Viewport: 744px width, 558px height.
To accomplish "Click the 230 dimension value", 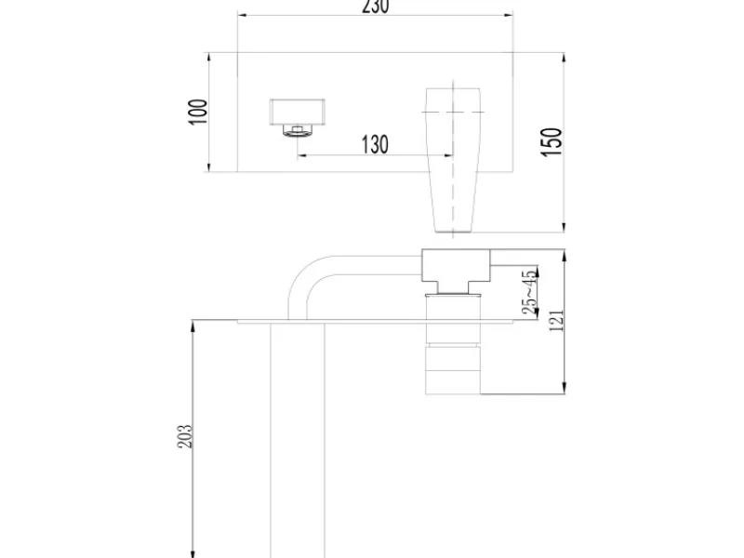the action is pyautogui.click(x=376, y=7).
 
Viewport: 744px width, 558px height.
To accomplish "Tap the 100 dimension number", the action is pyautogui.click(x=198, y=112).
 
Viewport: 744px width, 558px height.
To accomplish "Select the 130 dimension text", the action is pyautogui.click(x=375, y=144).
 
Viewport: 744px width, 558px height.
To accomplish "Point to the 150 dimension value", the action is pyautogui.click(x=551, y=141).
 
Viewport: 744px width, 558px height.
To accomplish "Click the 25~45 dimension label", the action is pyautogui.click(x=530, y=292).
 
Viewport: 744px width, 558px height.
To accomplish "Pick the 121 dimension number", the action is pyautogui.click(x=556, y=320).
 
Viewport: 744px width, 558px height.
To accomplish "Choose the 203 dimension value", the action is pyautogui.click(x=185, y=436).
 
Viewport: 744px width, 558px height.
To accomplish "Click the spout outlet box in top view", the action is pyautogui.click(x=297, y=112).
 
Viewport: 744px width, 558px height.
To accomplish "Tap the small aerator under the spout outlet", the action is pyautogui.click(x=297, y=130).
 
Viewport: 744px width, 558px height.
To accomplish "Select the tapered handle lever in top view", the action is pyautogui.click(x=453, y=160).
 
